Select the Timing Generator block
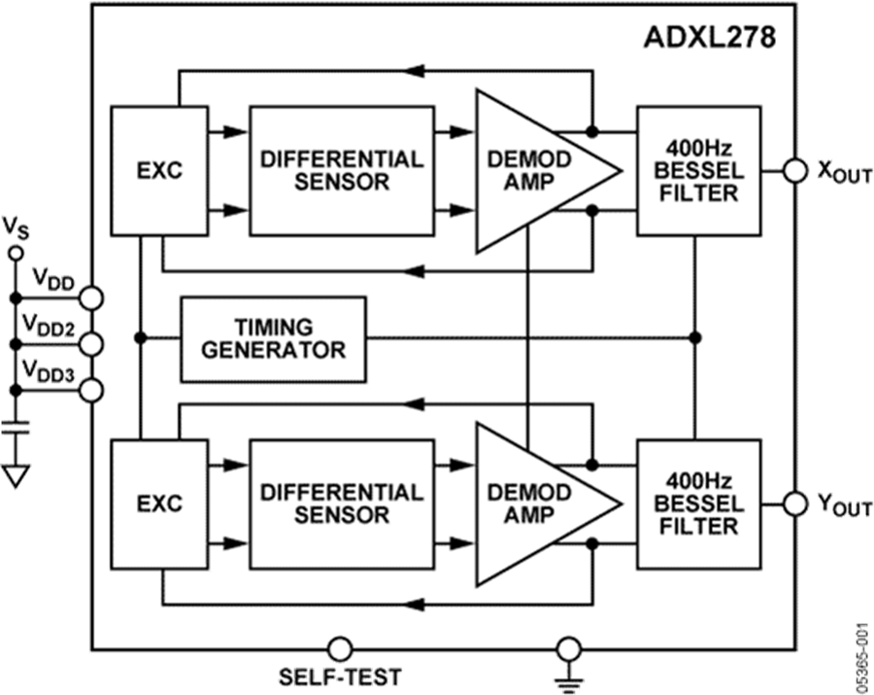pos(273,338)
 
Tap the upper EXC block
pos(159,171)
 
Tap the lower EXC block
pos(159,504)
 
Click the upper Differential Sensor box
pos(341,170)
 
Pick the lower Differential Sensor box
pos(341,504)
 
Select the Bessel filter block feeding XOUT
pos(698,170)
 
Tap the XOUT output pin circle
pos(795,171)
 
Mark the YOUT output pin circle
pos(795,504)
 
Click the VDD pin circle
pos(91,295)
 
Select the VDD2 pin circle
pos(91,342)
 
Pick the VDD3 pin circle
pos(91,390)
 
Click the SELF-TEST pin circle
pos(339,647)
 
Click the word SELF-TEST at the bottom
pos(339,677)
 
